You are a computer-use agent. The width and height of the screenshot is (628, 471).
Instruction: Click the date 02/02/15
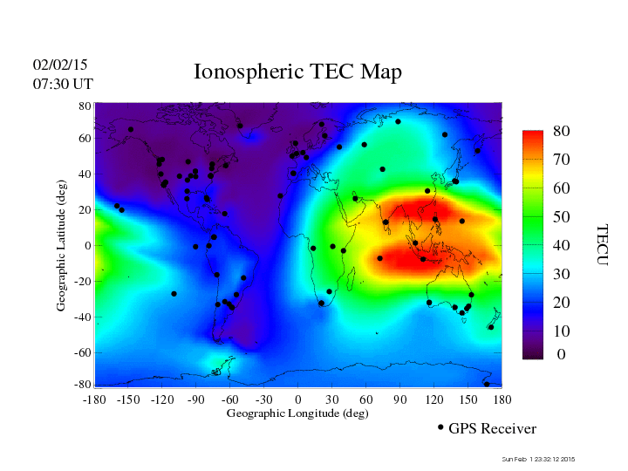(x=60, y=65)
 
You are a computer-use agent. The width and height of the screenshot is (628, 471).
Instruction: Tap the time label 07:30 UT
(x=63, y=84)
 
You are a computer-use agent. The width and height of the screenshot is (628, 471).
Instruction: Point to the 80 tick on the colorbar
(x=562, y=131)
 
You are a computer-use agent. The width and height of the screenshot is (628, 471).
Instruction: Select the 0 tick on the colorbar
(x=562, y=355)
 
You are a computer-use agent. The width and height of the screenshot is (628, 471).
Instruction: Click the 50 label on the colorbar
(x=562, y=215)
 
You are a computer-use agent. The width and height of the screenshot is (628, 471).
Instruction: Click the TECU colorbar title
(x=603, y=245)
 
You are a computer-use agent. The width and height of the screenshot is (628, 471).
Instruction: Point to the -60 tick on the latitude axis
(x=83, y=353)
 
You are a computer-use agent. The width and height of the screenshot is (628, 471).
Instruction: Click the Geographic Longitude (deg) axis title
(x=297, y=413)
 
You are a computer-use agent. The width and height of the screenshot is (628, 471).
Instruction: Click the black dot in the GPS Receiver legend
(x=440, y=427)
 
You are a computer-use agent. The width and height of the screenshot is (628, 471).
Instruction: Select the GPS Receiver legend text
(x=492, y=428)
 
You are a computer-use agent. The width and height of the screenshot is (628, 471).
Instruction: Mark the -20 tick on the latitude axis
(x=83, y=282)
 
